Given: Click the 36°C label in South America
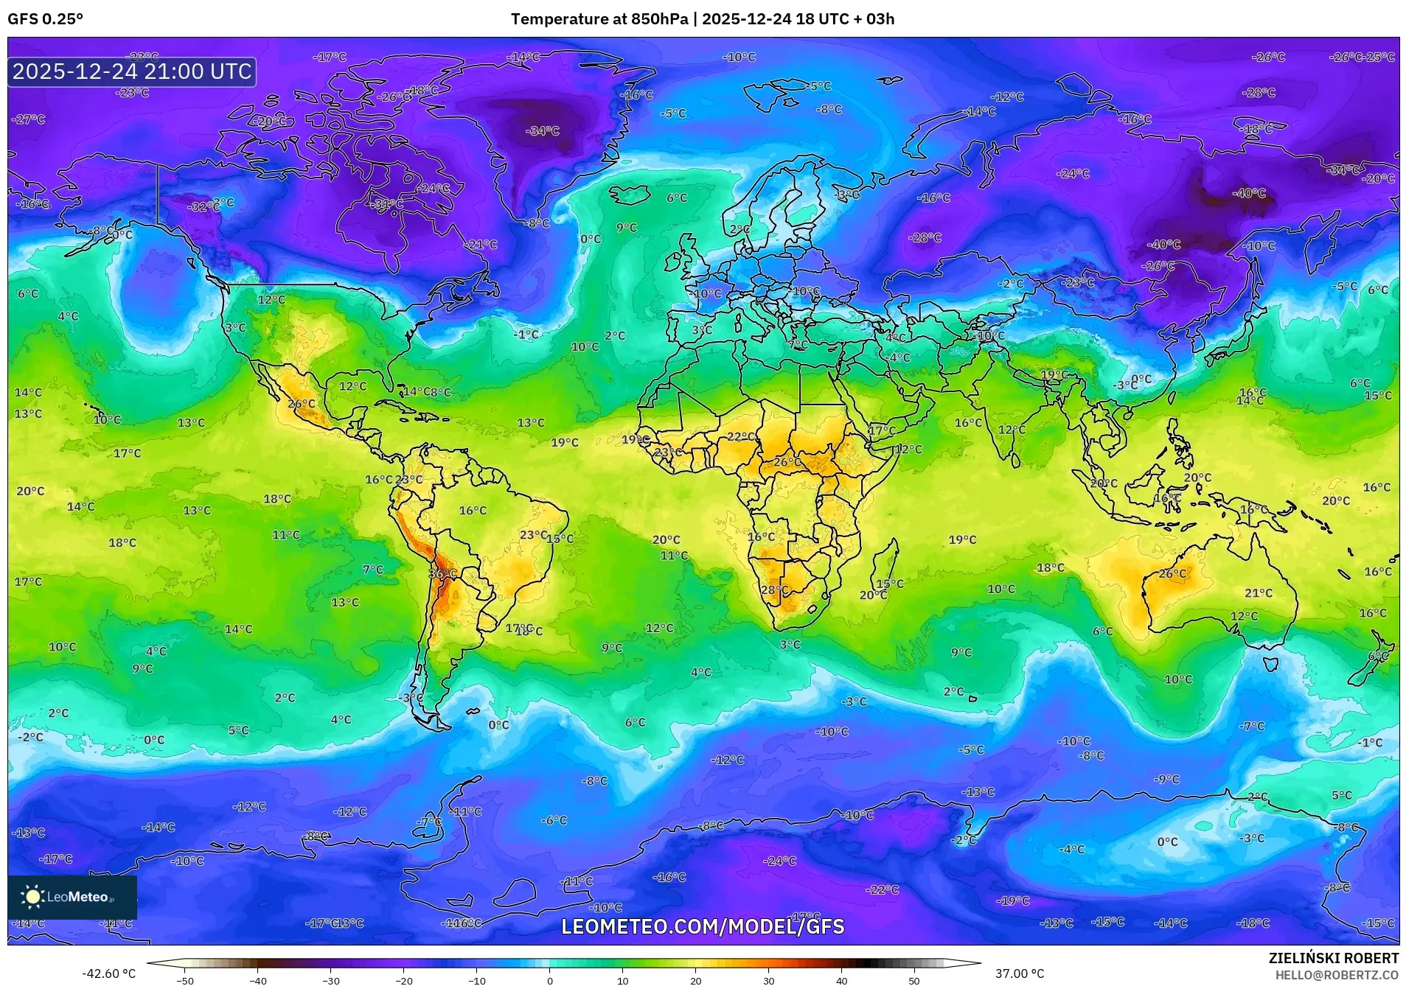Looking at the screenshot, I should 442,573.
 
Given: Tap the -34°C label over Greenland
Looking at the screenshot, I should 542,131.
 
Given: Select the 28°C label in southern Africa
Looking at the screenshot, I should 774,590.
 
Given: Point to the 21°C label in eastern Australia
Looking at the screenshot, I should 1258,593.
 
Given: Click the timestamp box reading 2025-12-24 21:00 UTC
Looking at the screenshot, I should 132,71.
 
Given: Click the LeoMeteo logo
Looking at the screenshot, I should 72,897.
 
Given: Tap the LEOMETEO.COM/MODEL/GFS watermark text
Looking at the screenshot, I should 703,926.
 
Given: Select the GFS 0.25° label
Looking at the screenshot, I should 45,19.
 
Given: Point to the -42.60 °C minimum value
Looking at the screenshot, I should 108,973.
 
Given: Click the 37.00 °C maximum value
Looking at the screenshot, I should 1019,973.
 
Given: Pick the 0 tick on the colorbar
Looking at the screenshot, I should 549,981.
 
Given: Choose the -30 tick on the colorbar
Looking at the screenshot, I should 331,981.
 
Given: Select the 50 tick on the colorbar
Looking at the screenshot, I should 913,981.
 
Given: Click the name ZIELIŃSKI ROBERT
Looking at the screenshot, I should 1333,958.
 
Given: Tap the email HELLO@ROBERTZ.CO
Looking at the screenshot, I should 1337,975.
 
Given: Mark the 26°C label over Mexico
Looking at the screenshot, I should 301,404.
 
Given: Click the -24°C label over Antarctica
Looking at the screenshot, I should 779,861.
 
